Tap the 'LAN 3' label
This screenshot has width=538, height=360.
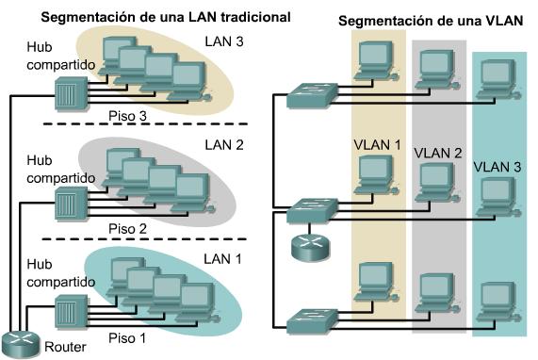[x=225, y=41]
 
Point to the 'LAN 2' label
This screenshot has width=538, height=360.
[x=225, y=145]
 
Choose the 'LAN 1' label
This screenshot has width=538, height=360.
[x=225, y=257]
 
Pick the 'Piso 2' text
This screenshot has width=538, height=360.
[x=129, y=227]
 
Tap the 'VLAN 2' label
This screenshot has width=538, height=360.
[x=438, y=153]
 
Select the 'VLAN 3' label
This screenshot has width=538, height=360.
[x=498, y=166]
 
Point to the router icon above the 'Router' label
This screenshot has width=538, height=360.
[x=21, y=341]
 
